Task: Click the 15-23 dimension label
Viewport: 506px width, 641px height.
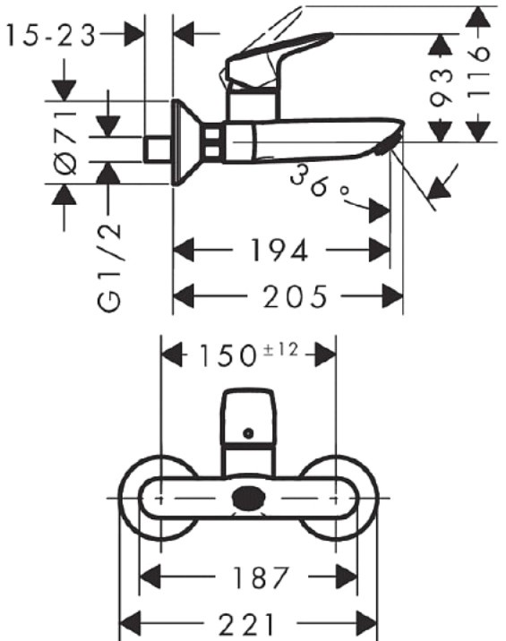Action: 51,36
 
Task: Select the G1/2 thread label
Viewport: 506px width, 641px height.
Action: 109,267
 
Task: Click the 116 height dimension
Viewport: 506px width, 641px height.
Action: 478,73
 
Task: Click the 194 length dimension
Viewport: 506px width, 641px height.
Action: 279,250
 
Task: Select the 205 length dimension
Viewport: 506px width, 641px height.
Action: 295,296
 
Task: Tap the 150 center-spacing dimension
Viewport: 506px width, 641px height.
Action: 227,355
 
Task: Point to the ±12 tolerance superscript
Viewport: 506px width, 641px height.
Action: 280,350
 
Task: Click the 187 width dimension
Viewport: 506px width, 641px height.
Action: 261,577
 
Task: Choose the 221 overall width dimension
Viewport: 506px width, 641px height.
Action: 246,624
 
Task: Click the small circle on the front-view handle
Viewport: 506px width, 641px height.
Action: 248,433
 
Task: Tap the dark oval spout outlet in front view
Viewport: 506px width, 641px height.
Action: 248,498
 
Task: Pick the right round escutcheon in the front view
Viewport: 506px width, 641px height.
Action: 377,498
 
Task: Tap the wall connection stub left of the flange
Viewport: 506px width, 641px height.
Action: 158,150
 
